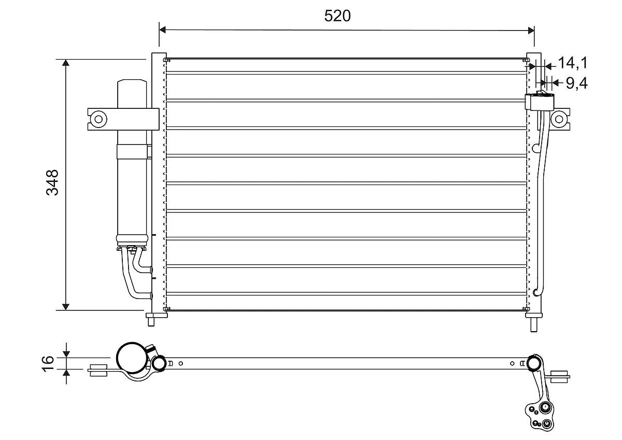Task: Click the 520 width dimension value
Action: [x=337, y=16]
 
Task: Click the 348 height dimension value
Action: [x=52, y=182]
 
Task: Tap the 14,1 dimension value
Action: [x=572, y=63]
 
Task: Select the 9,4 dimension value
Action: [x=576, y=82]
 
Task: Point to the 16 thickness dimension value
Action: [x=47, y=363]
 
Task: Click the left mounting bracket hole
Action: [x=97, y=119]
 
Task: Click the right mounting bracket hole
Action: [x=559, y=119]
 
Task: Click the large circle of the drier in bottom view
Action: [x=132, y=358]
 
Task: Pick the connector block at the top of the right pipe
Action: [x=539, y=102]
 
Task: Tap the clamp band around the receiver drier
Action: [x=133, y=151]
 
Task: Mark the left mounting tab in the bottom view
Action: [x=98, y=371]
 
